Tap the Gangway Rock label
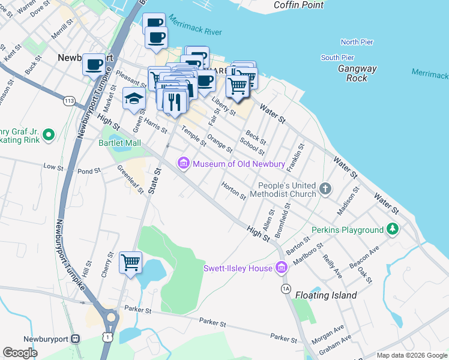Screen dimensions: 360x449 [357, 73]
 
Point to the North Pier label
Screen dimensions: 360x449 [357, 42]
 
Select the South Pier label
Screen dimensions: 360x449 [338, 58]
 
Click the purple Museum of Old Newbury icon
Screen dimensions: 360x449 [183, 163]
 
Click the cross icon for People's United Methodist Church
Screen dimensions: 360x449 [325, 190]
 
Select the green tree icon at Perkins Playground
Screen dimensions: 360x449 [393, 229]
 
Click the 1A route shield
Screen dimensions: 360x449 [286, 289]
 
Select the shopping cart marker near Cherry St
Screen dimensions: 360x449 [131, 262]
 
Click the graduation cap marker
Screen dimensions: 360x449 [134, 98]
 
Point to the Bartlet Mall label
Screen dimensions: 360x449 [119, 143]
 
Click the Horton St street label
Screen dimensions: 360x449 [234, 191]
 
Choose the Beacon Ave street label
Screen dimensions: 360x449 [365, 257]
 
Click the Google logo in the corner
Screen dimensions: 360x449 [20, 353]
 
